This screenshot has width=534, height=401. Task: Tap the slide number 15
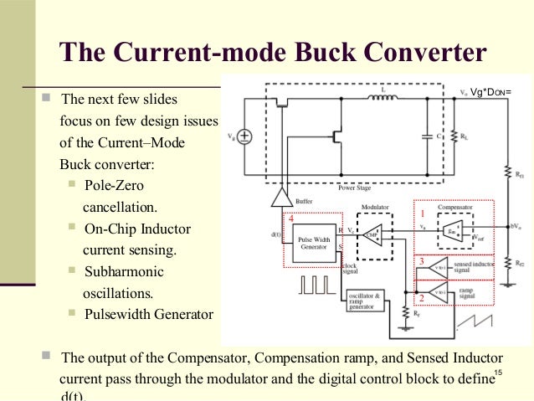(498, 373)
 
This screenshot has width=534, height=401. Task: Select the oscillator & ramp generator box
(365, 299)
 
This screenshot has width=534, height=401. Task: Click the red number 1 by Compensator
(422, 213)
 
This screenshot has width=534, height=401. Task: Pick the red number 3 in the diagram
(421, 262)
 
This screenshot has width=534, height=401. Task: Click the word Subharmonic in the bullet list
(124, 272)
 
